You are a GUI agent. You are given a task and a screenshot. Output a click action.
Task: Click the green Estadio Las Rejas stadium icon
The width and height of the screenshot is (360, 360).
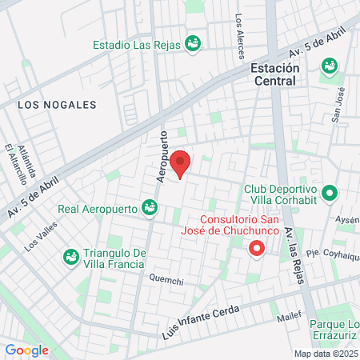(x=192, y=43)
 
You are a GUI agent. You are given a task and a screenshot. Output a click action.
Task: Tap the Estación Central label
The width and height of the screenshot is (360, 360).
(x=274, y=74)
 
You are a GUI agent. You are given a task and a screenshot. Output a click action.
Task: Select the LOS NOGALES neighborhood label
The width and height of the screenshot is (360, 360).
(x=56, y=105)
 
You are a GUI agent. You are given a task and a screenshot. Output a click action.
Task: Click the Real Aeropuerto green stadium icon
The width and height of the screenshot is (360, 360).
(x=149, y=209)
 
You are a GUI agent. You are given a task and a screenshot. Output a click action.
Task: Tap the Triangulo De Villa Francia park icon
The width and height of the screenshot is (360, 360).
(x=70, y=256)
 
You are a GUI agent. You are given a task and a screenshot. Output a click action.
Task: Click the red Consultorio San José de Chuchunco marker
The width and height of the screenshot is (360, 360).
(x=256, y=249)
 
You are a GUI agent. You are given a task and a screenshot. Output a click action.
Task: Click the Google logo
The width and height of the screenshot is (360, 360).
(x=26, y=350)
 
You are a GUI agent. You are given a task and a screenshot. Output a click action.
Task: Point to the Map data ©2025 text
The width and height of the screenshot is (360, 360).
(x=326, y=354)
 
